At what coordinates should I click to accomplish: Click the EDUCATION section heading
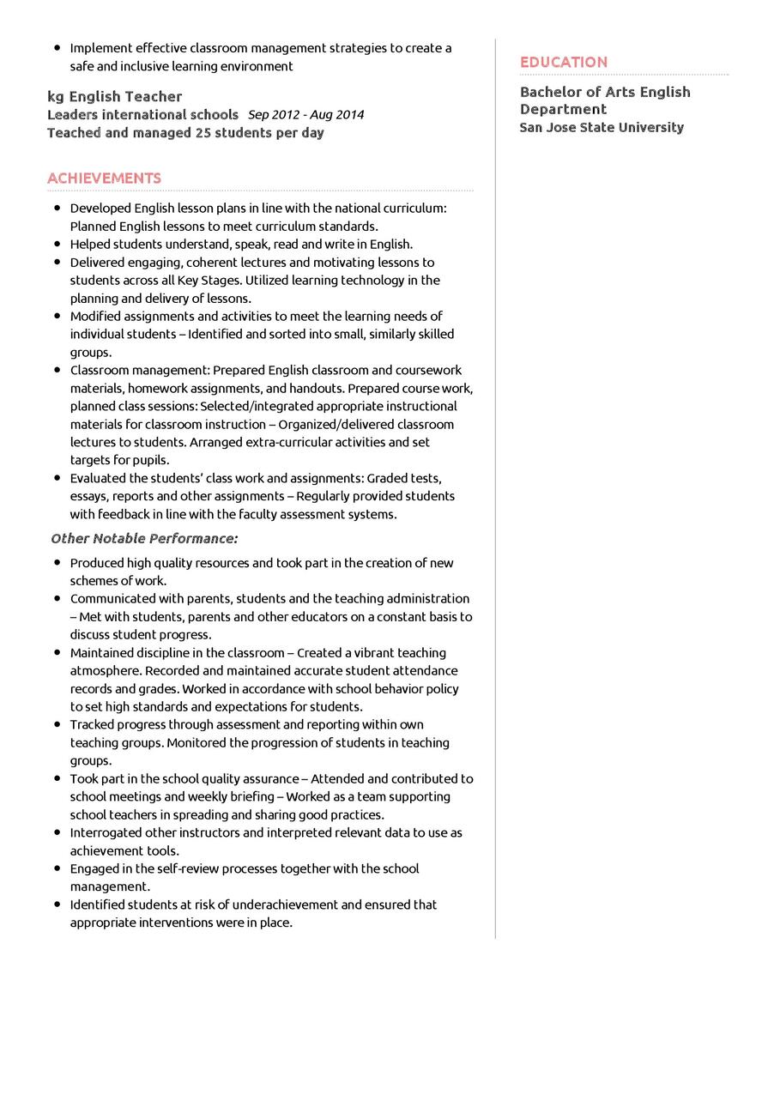click(x=563, y=62)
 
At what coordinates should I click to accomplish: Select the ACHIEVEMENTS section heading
click(x=104, y=178)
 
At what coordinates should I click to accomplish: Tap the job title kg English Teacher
click(x=114, y=96)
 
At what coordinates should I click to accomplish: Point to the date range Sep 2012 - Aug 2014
click(x=305, y=115)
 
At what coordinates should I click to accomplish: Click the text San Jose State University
click(x=602, y=127)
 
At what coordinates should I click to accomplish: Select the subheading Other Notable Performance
click(x=144, y=538)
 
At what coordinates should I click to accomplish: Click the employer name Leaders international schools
click(x=142, y=114)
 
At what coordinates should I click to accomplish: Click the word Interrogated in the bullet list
click(x=108, y=832)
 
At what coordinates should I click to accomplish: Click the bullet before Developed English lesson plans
click(x=57, y=208)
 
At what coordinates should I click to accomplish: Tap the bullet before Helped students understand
click(x=57, y=244)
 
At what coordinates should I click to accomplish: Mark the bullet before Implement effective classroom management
click(x=57, y=48)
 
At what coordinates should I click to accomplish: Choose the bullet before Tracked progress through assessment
click(x=57, y=724)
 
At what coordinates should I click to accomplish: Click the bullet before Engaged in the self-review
click(x=57, y=868)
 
